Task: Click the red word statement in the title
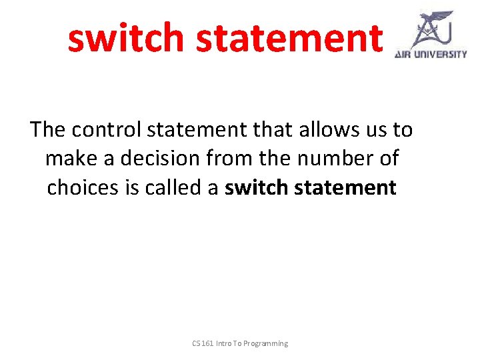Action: point(290,38)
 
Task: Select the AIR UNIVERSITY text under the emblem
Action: point(431,55)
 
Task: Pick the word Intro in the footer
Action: point(225,343)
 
